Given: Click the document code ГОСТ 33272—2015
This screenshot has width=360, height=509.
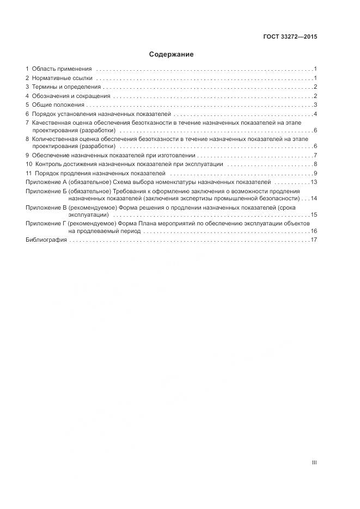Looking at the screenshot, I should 290,37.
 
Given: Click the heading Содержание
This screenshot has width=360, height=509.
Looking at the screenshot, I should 171,54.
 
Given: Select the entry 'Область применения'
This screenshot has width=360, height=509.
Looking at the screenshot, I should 62,69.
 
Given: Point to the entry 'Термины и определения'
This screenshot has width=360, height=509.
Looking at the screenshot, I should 66,87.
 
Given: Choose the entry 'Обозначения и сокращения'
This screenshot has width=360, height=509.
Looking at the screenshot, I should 71,96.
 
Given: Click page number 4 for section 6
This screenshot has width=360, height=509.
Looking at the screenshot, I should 315,114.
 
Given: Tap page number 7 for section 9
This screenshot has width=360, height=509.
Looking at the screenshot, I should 315,155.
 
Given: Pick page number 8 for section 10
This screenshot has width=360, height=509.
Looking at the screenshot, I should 315,164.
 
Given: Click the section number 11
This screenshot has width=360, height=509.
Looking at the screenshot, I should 29,173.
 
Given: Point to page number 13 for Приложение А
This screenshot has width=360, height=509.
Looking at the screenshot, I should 314,182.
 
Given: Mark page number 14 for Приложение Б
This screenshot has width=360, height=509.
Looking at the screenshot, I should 314,198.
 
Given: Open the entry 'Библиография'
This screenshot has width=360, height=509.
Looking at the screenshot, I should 46,240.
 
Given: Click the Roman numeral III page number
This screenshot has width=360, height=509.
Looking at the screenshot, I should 314,463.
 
